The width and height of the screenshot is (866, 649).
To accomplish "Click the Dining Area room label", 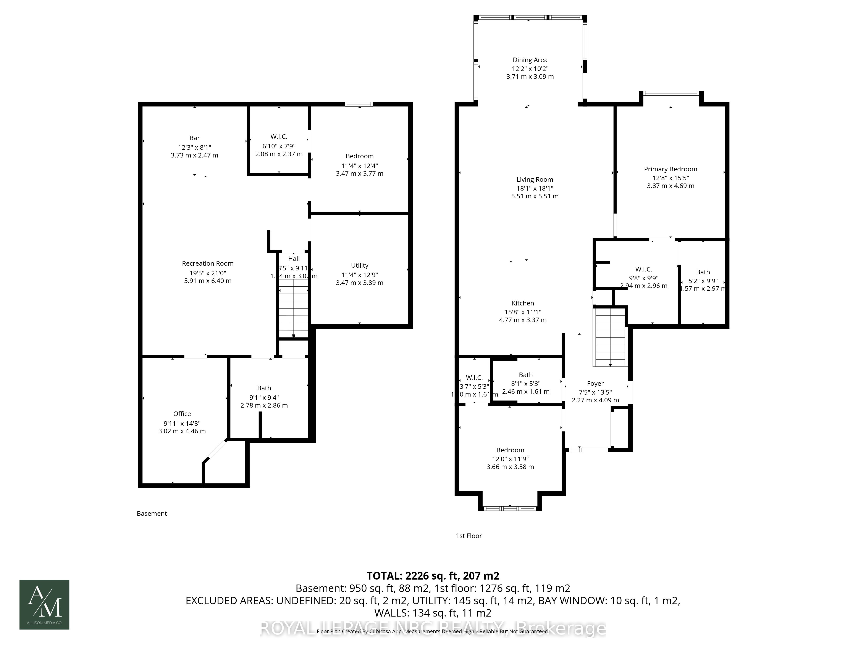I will [x=530, y=60].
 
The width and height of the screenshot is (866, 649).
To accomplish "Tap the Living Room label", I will [x=534, y=180].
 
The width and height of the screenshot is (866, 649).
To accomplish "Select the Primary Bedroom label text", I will [x=670, y=169].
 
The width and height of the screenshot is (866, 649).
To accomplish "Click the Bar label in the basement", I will [x=195, y=138].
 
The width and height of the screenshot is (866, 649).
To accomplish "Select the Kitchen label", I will [x=523, y=303].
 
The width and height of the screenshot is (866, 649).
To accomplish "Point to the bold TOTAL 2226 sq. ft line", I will [x=433, y=576].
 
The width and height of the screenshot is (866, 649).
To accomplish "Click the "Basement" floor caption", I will [x=152, y=513].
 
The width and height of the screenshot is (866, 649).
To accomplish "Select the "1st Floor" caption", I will [x=469, y=536].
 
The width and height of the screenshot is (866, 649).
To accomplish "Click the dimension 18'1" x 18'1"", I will [x=534, y=188].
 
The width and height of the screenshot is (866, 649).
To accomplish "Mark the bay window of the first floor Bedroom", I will [x=510, y=508].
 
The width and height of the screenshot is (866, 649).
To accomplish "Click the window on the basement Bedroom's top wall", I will [x=358, y=104].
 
